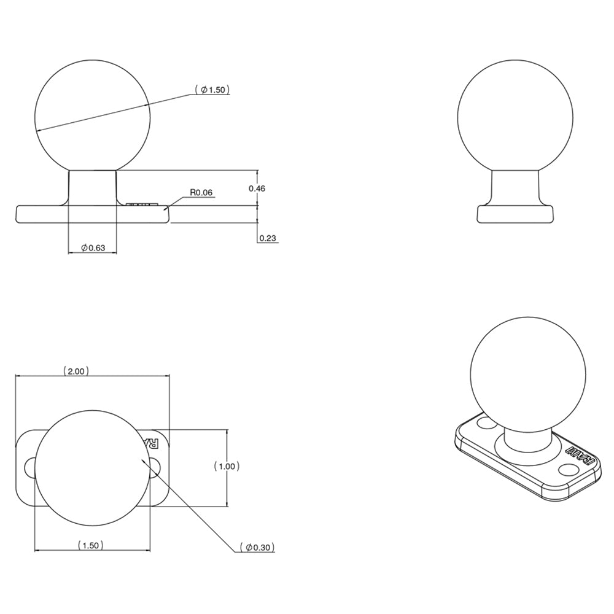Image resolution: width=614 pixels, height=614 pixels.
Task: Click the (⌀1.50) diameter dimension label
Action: (x=212, y=90)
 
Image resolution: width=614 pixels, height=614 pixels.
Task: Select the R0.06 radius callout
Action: (x=201, y=192)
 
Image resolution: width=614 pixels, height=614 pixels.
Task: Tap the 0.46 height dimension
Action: (x=257, y=188)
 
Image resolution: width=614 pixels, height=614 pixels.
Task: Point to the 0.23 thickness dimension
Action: (x=266, y=238)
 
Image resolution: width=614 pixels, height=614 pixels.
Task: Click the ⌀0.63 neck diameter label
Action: (x=93, y=247)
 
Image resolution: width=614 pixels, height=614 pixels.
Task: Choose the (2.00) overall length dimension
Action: (x=76, y=370)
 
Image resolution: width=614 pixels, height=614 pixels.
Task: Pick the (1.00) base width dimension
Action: (x=227, y=467)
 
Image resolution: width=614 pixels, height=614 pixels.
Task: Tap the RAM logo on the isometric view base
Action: (x=580, y=460)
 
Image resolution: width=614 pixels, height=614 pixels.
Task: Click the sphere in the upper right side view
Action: (x=516, y=117)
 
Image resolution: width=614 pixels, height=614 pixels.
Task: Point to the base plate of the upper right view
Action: (x=516, y=214)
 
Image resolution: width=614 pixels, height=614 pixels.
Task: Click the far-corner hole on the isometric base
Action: (x=486, y=424)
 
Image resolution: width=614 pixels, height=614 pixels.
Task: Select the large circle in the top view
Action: (x=92, y=468)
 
